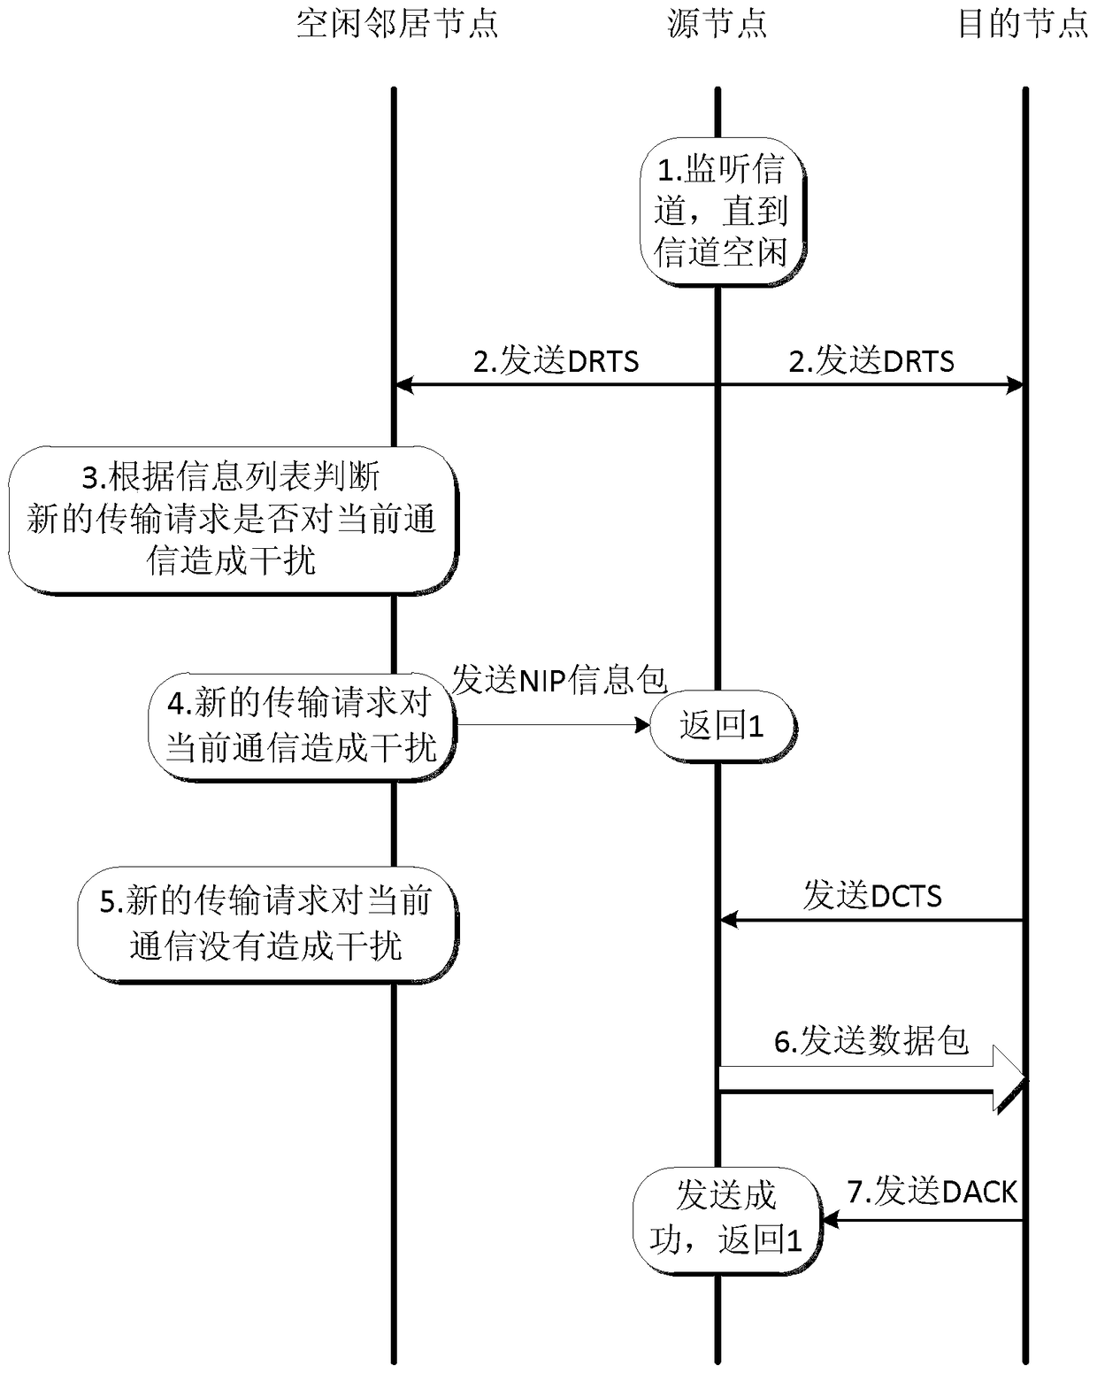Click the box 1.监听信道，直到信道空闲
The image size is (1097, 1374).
pos(720,211)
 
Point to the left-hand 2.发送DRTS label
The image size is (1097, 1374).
pos(556,361)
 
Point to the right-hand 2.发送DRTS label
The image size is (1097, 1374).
pos(871,361)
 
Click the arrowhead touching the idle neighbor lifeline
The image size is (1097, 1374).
pos(403,385)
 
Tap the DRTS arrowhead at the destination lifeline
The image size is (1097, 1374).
pos(1016,385)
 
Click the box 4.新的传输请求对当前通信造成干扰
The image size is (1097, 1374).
pos(301,726)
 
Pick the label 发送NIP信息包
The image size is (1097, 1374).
pos(559,680)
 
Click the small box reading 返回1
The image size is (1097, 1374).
pos(722,726)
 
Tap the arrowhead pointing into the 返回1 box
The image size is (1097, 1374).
pos(643,726)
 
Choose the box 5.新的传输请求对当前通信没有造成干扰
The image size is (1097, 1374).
pos(266,924)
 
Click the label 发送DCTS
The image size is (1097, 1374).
pos(872,896)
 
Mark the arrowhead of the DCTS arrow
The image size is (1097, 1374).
pos(727,921)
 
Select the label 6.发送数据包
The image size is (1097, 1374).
pos(871,1041)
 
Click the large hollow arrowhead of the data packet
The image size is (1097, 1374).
pos(1009,1078)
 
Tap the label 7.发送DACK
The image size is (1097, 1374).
pos(932,1192)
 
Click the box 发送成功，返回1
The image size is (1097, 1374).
pos(726,1217)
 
